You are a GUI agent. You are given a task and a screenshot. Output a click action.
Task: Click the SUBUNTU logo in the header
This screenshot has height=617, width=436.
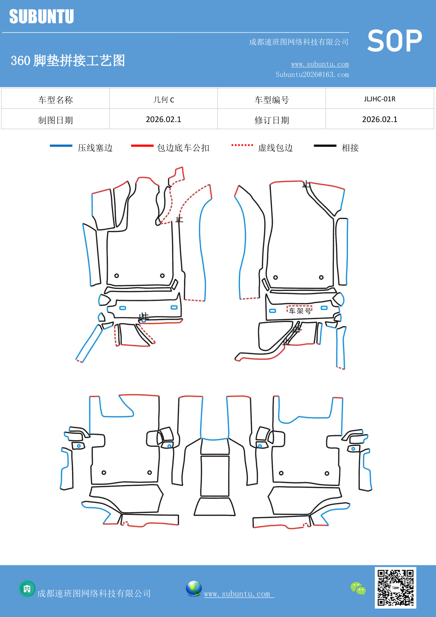click(41, 17)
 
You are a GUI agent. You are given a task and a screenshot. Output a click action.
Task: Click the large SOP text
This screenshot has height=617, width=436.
click(395, 41)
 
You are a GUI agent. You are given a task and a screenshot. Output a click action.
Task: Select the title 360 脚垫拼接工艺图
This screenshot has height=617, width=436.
click(68, 61)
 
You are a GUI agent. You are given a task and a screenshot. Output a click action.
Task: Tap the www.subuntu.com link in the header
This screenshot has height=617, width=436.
click(320, 64)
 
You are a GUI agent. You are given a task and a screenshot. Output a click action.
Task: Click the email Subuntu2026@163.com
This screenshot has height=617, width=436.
click(312, 75)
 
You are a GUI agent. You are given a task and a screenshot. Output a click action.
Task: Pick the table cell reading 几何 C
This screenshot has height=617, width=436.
click(163, 100)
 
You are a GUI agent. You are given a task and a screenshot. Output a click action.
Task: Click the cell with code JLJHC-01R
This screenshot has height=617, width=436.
click(379, 99)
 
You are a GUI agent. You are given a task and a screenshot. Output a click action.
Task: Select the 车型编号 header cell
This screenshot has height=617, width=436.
click(272, 100)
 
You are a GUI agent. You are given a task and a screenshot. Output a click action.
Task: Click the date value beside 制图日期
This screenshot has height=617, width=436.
click(163, 119)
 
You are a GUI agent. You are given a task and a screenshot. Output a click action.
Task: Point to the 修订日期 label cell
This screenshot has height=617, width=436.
click(272, 120)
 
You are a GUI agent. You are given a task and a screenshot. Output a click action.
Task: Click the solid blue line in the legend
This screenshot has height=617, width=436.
click(61, 146)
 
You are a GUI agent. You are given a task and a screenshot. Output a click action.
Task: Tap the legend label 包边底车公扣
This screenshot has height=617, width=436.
click(183, 148)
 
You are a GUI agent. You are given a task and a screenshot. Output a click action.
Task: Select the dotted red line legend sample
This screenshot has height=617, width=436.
click(242, 145)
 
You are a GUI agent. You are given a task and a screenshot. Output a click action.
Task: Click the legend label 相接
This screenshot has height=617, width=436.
click(350, 148)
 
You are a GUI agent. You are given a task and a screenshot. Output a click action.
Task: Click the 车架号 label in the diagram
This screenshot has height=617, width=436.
click(300, 311)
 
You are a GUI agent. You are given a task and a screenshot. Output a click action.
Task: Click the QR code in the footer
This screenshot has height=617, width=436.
click(395, 588)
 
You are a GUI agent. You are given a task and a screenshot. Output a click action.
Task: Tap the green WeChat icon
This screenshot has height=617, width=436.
click(358, 589)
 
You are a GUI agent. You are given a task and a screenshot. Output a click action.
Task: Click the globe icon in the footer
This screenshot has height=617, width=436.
click(194, 589)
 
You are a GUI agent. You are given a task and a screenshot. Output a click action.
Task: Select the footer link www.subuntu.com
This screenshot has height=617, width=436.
click(237, 594)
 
